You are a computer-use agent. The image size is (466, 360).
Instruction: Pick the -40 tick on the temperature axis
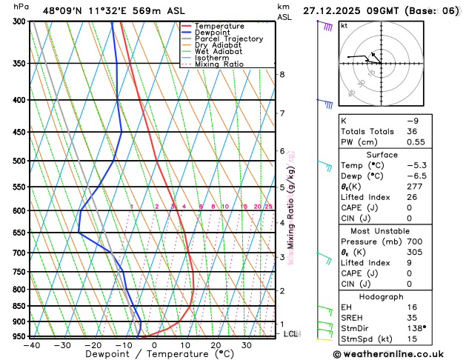[x=31, y=345]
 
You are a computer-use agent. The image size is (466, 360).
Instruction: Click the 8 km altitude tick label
[x=282, y=74]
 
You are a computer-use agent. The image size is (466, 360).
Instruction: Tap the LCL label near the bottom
[x=291, y=334]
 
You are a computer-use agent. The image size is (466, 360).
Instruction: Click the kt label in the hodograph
[x=344, y=25]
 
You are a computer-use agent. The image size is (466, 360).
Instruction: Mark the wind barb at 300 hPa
[x=326, y=25]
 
